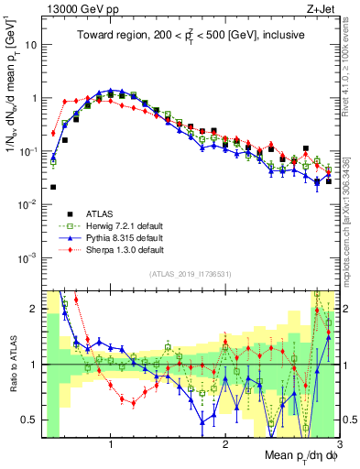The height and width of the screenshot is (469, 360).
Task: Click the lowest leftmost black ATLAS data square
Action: click(53, 187)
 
